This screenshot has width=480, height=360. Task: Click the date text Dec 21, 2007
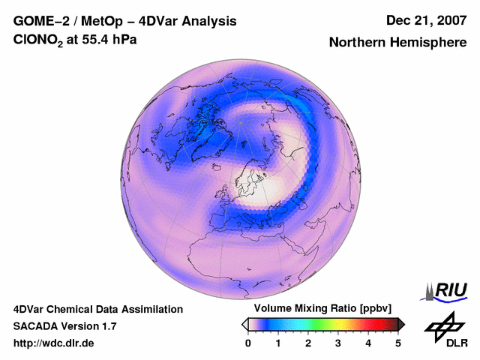coord(425,21)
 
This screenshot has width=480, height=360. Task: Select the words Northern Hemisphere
coord(397,43)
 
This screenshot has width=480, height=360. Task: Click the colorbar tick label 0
coord(248,343)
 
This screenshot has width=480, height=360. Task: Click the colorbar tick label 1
coord(278,343)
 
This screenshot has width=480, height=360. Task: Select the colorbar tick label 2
coord(308,343)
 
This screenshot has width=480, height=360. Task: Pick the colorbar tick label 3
coord(338,343)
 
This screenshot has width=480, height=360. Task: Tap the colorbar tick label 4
coord(368,343)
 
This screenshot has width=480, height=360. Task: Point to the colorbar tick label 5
coord(398,343)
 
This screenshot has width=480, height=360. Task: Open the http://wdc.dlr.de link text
coord(54,343)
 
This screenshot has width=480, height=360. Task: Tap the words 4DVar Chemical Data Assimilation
coord(97,309)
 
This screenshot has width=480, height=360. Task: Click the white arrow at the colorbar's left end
coord(245,324)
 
